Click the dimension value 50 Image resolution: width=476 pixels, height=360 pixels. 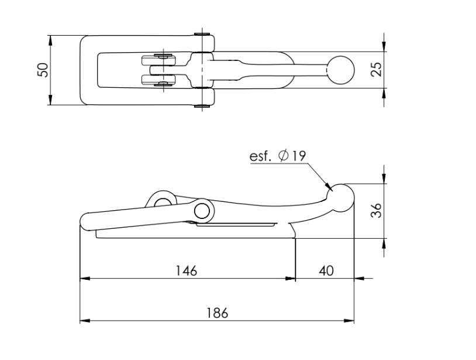[x=43, y=70]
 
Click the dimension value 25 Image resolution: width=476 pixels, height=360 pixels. [x=377, y=70]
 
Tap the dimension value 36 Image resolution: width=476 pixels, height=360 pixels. [x=377, y=210]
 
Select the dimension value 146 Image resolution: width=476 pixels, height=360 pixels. [x=187, y=270]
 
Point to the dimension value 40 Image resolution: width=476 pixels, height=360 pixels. [x=326, y=270]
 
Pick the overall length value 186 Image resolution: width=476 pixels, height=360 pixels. [x=217, y=313]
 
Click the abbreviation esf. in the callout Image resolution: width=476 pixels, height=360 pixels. [x=260, y=156]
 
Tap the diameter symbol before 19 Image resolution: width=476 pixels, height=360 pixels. [x=283, y=156]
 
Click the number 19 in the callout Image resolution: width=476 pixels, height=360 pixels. [x=299, y=156]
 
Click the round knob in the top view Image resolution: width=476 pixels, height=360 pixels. [x=340, y=70]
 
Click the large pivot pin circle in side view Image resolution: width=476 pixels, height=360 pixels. [x=202, y=211]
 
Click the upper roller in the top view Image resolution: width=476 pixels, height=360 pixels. [x=159, y=60]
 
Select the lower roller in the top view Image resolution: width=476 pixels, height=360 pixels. [x=159, y=80]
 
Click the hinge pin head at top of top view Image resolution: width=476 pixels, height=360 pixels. [x=202, y=34]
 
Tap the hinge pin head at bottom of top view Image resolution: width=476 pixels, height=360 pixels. [x=202, y=106]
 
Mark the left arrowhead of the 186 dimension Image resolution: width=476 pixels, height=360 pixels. [x=85, y=321]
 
